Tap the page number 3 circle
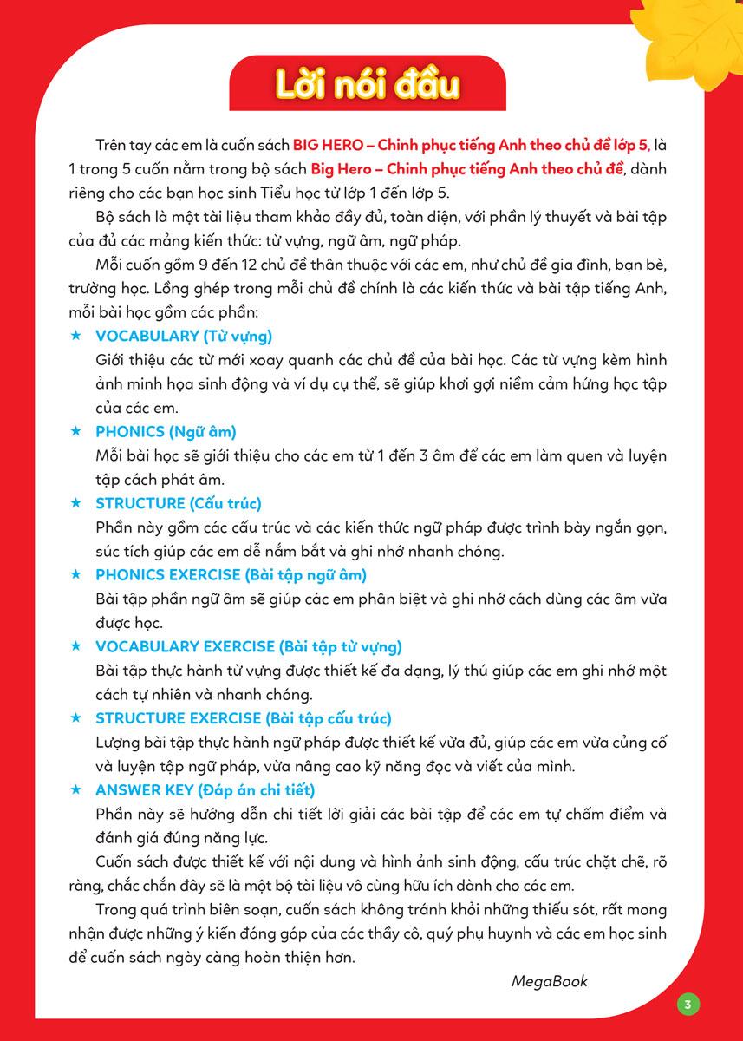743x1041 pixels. [x=688, y=1005]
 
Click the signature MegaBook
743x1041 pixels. [x=549, y=981]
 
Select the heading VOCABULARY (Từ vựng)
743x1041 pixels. [x=184, y=336]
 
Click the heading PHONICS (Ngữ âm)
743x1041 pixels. [x=166, y=431]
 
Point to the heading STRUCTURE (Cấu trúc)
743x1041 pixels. [x=179, y=503]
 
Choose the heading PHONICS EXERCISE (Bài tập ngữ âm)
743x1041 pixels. [x=231, y=574]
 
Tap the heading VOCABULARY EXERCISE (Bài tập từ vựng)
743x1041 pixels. [x=248, y=646]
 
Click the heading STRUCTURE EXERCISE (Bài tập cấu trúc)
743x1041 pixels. [x=244, y=718]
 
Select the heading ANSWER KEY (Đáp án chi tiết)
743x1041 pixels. [x=205, y=790]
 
